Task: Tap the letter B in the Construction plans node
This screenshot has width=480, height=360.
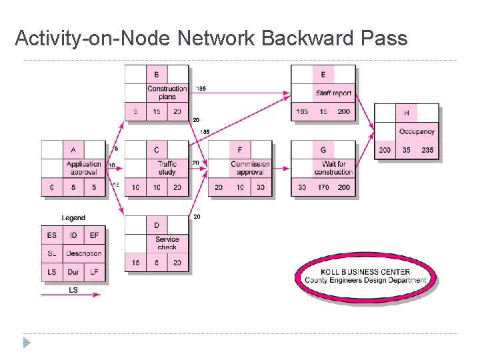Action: (x=157, y=75)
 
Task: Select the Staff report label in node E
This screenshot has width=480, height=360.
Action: (x=333, y=93)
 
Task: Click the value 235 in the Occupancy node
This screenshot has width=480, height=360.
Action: (x=427, y=150)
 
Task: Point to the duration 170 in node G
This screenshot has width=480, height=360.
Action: (x=323, y=187)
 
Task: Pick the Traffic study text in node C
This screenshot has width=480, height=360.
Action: (x=167, y=168)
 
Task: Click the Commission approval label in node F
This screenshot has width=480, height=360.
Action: (x=250, y=168)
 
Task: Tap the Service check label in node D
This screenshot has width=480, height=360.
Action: (x=167, y=243)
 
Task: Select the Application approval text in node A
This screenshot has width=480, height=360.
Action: (x=83, y=168)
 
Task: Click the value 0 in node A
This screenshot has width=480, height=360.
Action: (x=52, y=187)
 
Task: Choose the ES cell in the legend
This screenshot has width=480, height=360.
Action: (x=52, y=235)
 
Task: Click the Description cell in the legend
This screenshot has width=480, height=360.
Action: (x=83, y=253)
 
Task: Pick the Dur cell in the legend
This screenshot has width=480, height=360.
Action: (x=73, y=272)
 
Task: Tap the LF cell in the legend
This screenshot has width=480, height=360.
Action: (x=94, y=272)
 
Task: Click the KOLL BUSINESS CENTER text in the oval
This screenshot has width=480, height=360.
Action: (x=365, y=272)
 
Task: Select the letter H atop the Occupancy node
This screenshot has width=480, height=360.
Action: (x=406, y=113)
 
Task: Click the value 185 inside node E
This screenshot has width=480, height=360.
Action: (x=302, y=112)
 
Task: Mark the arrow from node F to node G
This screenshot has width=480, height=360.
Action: (x=283, y=169)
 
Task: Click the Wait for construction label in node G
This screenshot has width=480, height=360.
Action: (x=333, y=168)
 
